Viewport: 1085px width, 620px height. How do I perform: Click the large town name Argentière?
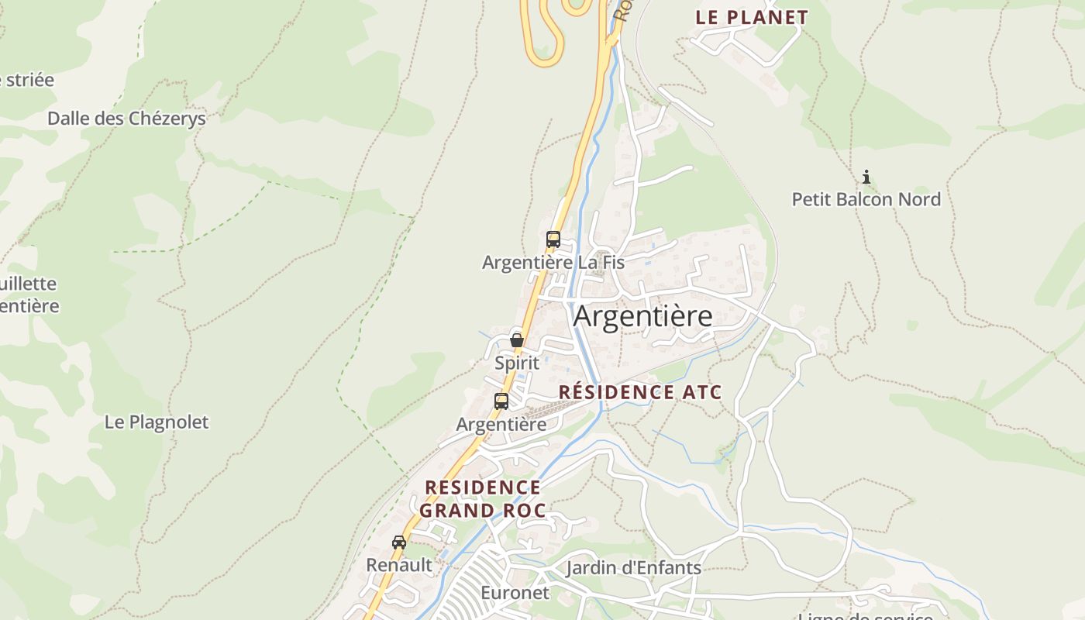642,317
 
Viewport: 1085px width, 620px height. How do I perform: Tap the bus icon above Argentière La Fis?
553,239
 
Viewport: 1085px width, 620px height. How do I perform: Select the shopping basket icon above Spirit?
517,340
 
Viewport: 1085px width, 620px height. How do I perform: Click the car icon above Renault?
399,542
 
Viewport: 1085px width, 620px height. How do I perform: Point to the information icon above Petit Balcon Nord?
866,177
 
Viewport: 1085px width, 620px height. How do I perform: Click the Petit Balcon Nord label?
866,199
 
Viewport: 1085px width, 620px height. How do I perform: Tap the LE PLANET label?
751,17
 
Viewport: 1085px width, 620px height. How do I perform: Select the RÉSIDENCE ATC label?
639,392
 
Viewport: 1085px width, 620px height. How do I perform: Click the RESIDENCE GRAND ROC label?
483,498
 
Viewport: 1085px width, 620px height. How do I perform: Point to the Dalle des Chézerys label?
126,119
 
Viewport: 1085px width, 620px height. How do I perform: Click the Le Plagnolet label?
157,422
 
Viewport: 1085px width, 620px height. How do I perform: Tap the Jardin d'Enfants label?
633,568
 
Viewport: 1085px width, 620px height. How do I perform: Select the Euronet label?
515,594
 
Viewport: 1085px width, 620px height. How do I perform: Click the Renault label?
399,565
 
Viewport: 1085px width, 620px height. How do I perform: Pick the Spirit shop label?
517,362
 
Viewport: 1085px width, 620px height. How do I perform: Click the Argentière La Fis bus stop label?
553,263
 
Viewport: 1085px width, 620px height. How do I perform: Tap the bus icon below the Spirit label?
501,401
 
